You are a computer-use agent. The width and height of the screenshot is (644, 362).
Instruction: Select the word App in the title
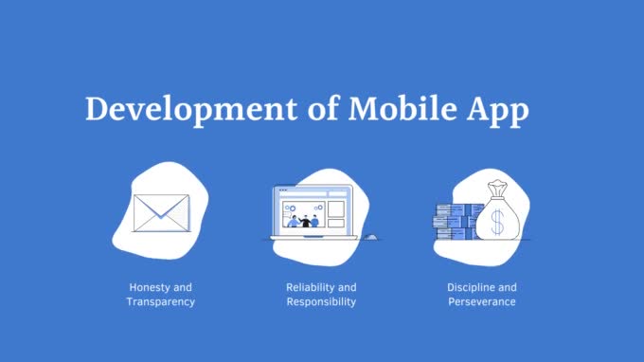coord(497,111)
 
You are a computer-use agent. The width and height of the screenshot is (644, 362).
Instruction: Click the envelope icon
coord(161,213)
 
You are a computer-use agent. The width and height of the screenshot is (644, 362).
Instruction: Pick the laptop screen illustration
coord(312,209)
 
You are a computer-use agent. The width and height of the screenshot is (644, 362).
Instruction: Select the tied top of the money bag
coord(497,190)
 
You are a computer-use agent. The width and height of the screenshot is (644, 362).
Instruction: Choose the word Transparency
coord(161,302)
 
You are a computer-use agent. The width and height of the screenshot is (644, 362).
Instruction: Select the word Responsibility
coord(321,302)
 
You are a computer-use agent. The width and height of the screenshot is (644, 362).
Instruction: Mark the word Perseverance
coord(482,302)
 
